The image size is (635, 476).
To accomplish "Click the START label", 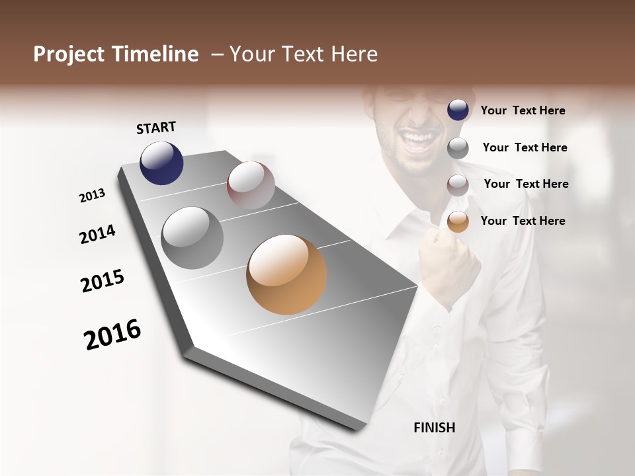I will click(156, 128).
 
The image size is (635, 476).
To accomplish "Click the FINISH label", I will click(434, 428).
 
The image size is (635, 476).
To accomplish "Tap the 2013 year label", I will click(92, 196).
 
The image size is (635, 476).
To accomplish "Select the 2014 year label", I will click(97, 235).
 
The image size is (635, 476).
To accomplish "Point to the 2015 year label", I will click(103, 281).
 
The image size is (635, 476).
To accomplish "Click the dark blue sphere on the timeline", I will click(161, 163).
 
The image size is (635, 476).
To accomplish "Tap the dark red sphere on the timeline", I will click(251, 185).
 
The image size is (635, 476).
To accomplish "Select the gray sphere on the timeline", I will click(192, 237).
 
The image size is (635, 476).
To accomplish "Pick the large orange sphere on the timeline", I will click(286, 274).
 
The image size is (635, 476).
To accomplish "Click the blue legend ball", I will click(458, 110).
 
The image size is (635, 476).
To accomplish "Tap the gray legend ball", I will click(458, 148).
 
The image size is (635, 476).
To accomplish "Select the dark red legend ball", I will click(458, 185).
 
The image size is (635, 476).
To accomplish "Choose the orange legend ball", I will click(458, 221).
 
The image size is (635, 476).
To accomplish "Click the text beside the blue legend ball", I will click(523, 110).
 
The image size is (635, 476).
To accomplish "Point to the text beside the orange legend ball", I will click(523, 221).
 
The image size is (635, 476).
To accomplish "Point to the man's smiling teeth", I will click(418, 138).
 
